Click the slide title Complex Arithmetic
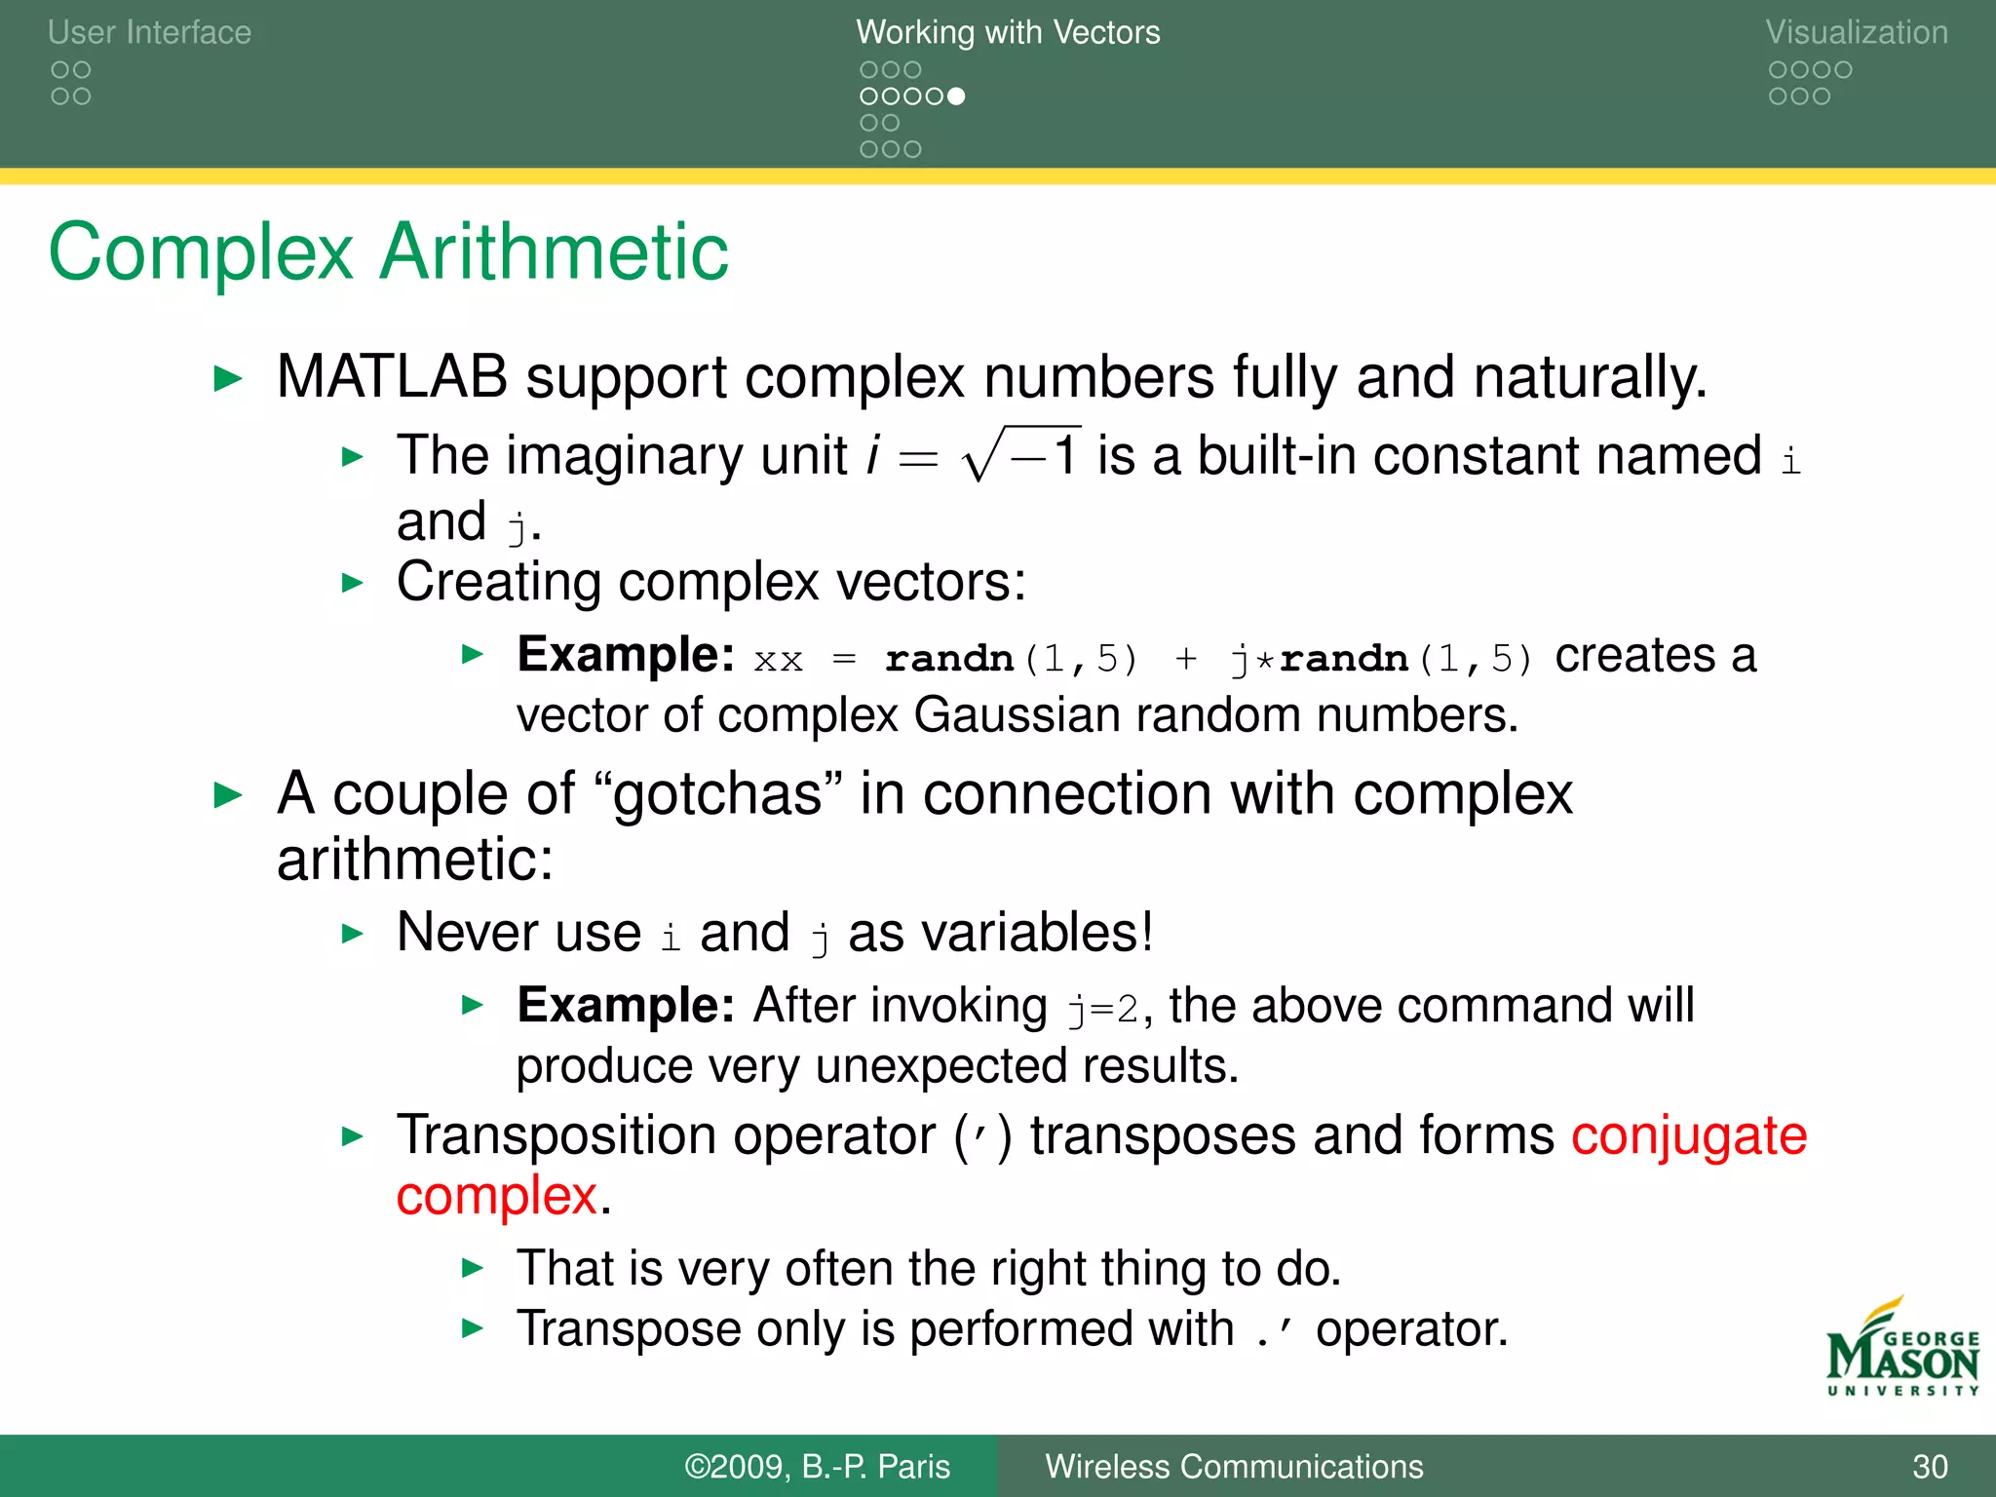(388, 252)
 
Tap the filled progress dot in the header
(956, 96)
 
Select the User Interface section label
(149, 32)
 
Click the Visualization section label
(1856, 32)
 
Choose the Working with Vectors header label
(1008, 32)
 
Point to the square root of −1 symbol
(1021, 455)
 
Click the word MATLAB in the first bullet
(392, 377)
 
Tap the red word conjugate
(1689, 1136)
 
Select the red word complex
(497, 1196)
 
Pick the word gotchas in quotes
(717, 795)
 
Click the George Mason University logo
(1901, 1350)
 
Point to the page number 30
(1930, 1467)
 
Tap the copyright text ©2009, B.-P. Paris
(817, 1467)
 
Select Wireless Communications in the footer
(1234, 1467)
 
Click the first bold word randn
(948, 660)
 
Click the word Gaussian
(1017, 715)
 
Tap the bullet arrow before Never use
(353, 934)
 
